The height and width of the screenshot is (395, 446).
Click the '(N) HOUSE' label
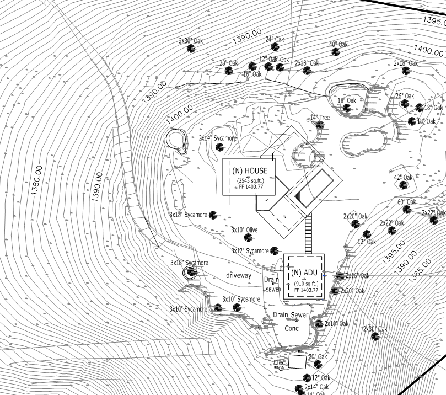[x=249, y=170]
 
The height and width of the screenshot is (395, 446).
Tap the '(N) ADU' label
[x=304, y=273]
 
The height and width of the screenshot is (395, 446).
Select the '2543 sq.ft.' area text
[x=249, y=180]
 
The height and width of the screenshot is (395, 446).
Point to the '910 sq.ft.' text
[x=304, y=283]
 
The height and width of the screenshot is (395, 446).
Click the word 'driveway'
[x=238, y=275]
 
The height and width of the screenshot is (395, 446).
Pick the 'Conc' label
[x=291, y=328]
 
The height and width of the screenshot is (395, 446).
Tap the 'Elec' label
[x=280, y=362]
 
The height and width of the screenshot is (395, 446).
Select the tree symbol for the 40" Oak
[x=335, y=52]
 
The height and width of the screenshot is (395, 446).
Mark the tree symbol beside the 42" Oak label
[x=400, y=186]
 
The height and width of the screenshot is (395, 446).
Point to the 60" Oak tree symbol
[x=406, y=210]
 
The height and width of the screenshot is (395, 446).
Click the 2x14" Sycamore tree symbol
[x=220, y=147]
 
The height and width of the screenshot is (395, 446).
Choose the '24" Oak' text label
[x=275, y=40]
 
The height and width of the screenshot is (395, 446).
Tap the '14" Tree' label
[x=320, y=118]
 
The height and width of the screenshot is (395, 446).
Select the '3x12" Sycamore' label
[x=250, y=251]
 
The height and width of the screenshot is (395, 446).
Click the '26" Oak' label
[x=404, y=96]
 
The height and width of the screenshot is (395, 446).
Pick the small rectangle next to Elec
[x=297, y=362]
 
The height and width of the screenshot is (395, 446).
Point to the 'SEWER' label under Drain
[x=273, y=290]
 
